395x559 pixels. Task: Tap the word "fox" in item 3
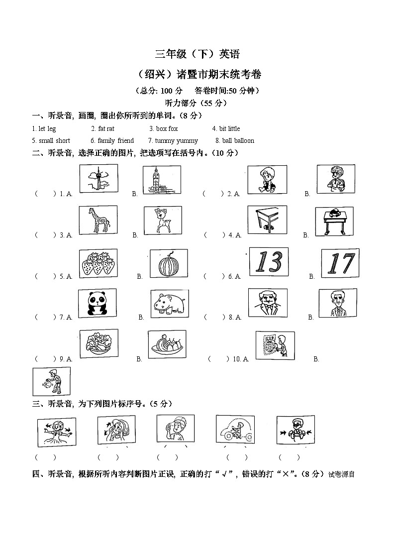tap(173, 129)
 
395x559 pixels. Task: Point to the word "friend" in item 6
tap(125, 141)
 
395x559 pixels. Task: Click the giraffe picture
tap(98, 220)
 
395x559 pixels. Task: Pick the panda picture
tap(98, 303)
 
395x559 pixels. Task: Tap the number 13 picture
tap(269, 262)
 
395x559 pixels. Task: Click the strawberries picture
tap(98, 262)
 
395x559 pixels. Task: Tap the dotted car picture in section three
tap(235, 429)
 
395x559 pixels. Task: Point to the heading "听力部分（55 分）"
tap(197, 103)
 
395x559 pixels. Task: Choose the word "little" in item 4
tap(233, 129)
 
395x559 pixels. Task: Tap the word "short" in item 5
tap(63, 141)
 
